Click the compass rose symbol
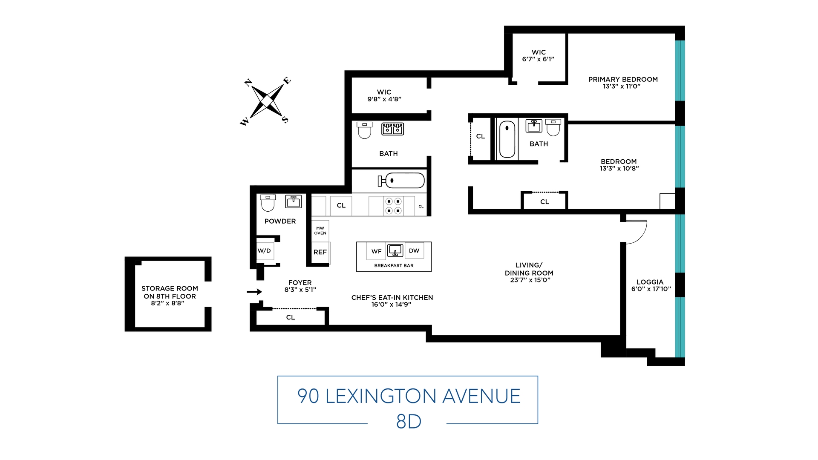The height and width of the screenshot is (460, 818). [267, 101]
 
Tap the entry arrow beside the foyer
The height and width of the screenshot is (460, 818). [254, 292]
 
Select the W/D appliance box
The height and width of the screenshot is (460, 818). [264, 251]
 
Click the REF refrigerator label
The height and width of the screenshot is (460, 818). [320, 252]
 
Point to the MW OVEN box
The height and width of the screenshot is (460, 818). [320, 231]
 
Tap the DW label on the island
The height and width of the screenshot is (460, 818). [414, 251]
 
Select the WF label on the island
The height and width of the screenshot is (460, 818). [376, 251]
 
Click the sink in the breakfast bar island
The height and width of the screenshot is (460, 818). [395, 250]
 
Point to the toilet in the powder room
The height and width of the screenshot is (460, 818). [268, 203]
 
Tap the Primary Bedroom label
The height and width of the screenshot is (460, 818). [623, 80]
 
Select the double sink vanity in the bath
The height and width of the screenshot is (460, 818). [392, 129]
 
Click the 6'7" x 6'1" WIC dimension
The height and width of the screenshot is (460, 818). [538, 59]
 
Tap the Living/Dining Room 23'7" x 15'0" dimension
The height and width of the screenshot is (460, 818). [530, 280]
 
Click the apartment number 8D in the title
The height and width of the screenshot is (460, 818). [409, 422]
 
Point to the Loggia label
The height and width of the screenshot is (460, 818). [650, 282]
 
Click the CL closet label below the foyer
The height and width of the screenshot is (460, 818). [291, 317]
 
